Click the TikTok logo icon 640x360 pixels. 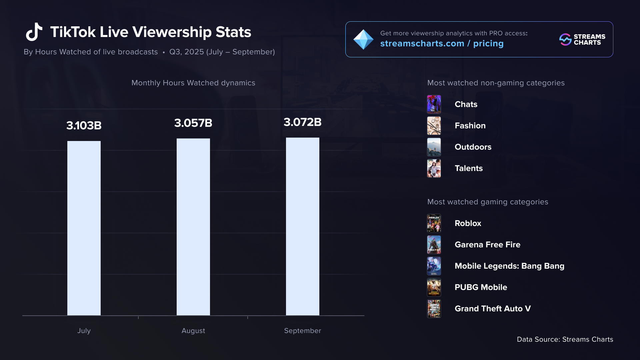click(34, 32)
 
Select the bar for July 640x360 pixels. click(84, 228)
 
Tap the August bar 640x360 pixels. click(193, 227)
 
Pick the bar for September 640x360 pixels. click(303, 226)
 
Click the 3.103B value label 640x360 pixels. click(84, 126)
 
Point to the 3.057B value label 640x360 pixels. click(193, 123)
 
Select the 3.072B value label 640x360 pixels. click(303, 122)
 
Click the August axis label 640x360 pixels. click(193, 331)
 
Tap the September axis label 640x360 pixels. click(303, 331)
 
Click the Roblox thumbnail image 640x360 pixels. click(434, 223)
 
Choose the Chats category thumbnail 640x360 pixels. click(434, 104)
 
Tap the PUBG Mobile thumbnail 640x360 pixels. click(434, 287)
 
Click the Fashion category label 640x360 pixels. click(470, 126)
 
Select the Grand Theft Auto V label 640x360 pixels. click(493, 309)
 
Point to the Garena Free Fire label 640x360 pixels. click(487, 245)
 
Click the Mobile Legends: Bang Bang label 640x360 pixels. click(509, 266)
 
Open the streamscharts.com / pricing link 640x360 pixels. click(442, 44)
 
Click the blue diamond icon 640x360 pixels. click(363, 39)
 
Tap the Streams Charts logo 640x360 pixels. click(582, 39)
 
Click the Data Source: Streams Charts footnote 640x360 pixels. click(565, 339)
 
